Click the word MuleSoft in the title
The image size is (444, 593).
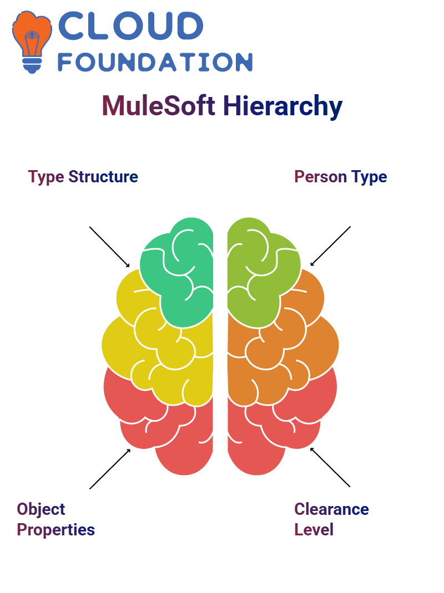pyautogui.click(x=159, y=105)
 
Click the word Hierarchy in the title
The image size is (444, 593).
pyautogui.click(x=282, y=106)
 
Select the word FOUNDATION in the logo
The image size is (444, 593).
pyautogui.click(x=155, y=62)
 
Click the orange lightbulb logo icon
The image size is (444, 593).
pyautogui.click(x=32, y=42)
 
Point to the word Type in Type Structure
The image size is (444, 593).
pyautogui.click(x=46, y=177)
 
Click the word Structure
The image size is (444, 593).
pyautogui.click(x=103, y=177)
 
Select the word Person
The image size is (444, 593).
pyautogui.click(x=320, y=177)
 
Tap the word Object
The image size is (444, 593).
pyautogui.click(x=41, y=509)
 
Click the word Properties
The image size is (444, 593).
pyautogui.click(x=56, y=530)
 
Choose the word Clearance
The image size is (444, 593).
pyautogui.click(x=331, y=509)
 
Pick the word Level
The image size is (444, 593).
pyautogui.click(x=314, y=529)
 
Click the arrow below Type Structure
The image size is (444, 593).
pyautogui.click(x=109, y=247)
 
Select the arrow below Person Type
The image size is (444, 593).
pyautogui.click(x=330, y=246)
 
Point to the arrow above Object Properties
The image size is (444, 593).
pyautogui.click(x=110, y=469)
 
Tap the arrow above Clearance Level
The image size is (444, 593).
pyautogui.click(x=330, y=467)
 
